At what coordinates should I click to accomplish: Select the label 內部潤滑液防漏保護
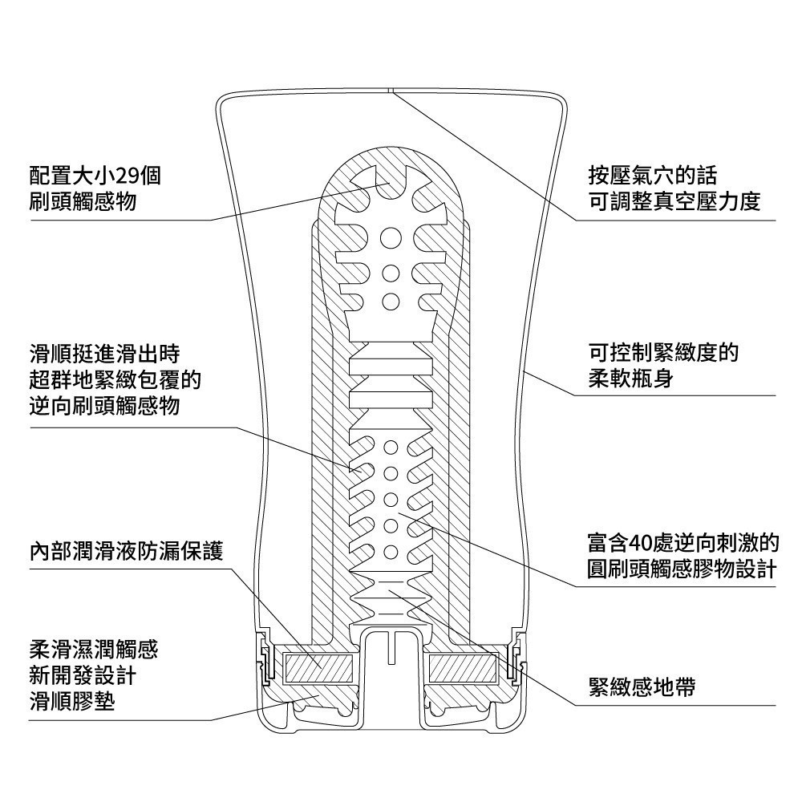pos(126,552)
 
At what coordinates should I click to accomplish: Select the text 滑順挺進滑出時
pos(104,352)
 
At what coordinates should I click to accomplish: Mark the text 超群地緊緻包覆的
pos(115,379)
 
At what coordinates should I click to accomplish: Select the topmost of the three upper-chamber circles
pos(391,237)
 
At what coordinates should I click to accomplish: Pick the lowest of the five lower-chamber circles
pos(391,553)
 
